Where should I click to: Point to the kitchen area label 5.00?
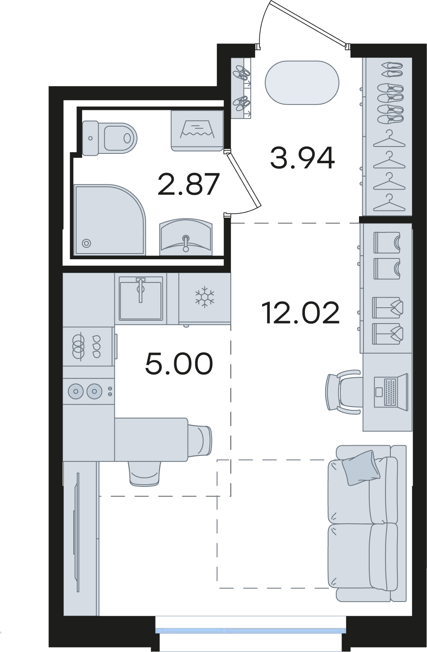[179, 363]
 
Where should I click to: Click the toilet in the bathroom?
[109, 138]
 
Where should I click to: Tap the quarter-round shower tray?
[110, 219]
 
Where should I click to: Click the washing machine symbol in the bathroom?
[197, 131]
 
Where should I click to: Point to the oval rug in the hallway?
[302, 82]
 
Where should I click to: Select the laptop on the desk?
[391, 392]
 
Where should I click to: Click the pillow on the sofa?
[361, 468]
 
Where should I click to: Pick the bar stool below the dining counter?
[145, 474]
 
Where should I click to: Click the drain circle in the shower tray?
[86, 243]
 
